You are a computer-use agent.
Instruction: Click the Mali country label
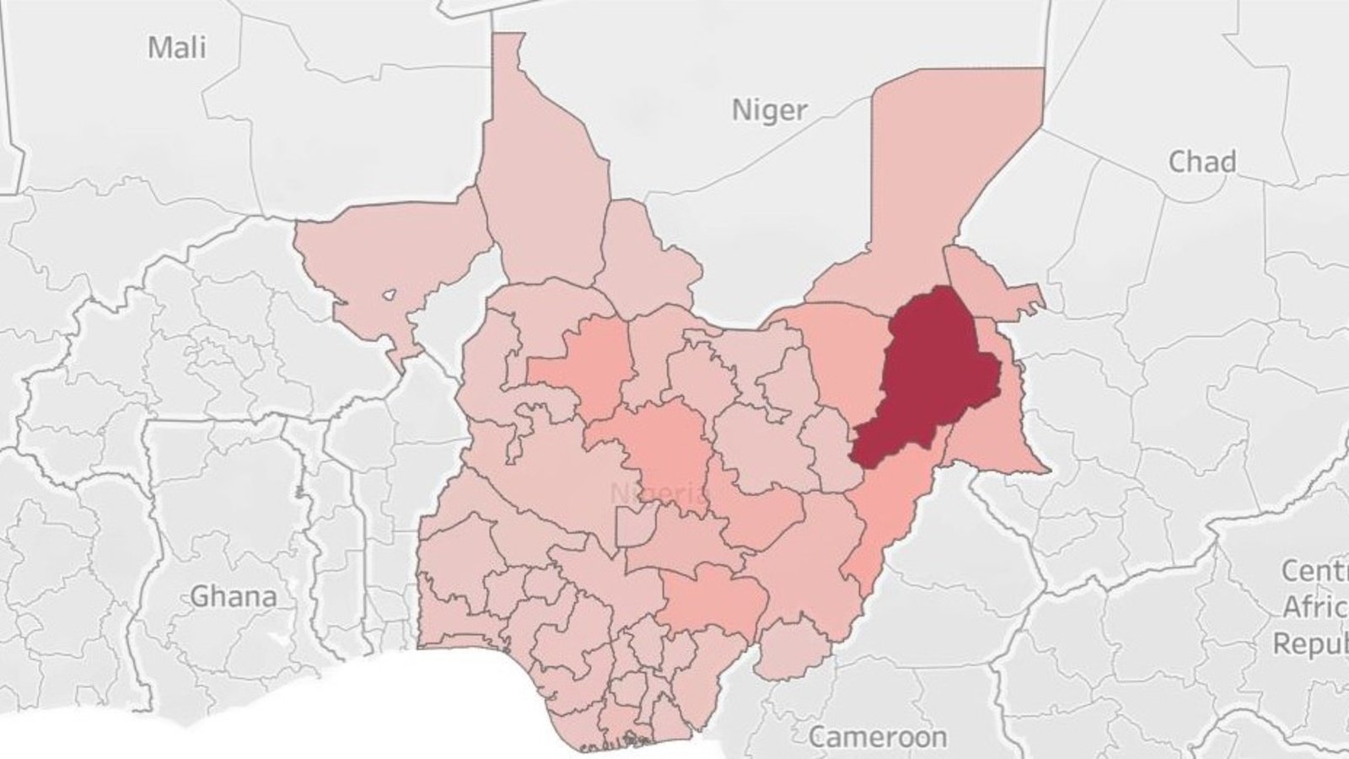coord(177,47)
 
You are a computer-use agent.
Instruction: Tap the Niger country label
coord(768,110)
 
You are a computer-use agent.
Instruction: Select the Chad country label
coord(1201,161)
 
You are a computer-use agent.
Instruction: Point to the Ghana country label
coord(234,596)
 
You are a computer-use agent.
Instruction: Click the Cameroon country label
coord(877,736)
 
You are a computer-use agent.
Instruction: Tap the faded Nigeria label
coord(660,493)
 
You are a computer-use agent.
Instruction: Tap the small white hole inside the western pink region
coord(389,295)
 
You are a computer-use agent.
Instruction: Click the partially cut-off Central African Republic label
coord(1315,607)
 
